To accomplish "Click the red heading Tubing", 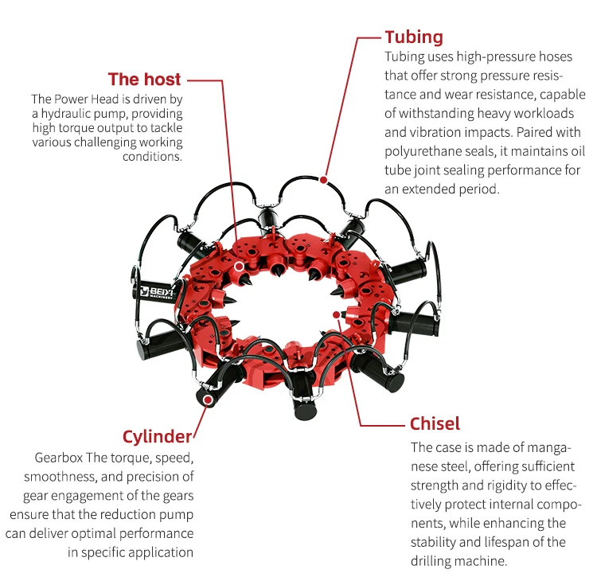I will [x=414, y=37].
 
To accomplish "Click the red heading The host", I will [x=144, y=79].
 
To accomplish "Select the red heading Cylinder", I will [x=157, y=436].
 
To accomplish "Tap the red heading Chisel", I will [x=435, y=423].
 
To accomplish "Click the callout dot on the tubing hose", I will [x=323, y=180].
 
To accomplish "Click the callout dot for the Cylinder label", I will [x=207, y=400].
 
